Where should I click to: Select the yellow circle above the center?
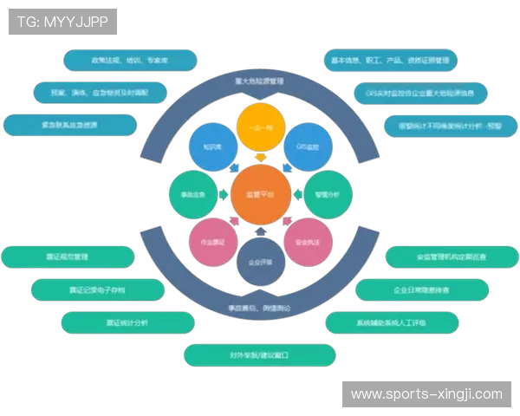pyautogui.click(x=260, y=127)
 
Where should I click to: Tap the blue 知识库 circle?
pyautogui.click(x=212, y=147)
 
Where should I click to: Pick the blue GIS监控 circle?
pyautogui.click(x=308, y=147)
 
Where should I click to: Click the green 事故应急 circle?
pyautogui.click(x=192, y=196)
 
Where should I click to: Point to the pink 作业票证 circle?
pyautogui.click(x=212, y=243)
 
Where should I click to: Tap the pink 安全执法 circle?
pyautogui.click(x=308, y=243)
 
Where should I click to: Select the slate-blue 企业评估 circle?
pyautogui.click(x=260, y=262)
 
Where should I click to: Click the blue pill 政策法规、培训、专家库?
pyautogui.click(x=130, y=61)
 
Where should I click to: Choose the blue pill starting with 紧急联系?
pyautogui.click(x=70, y=125)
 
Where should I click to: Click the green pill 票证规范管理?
pyautogui.click(x=67, y=257)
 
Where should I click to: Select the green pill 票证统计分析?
pyautogui.click(x=127, y=322)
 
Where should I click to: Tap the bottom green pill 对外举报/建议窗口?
pyautogui.click(x=259, y=355)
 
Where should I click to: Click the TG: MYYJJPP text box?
pyautogui.click(x=62, y=22)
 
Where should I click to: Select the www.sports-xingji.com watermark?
pyautogui.click(x=426, y=394)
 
